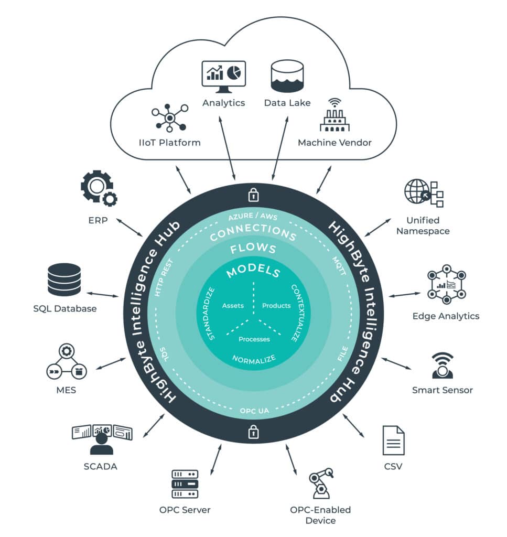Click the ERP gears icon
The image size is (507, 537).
tap(98, 188)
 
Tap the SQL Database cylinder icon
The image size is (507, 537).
tap(64, 280)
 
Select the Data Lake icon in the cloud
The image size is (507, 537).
tap(287, 77)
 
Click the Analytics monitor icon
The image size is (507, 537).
tap(224, 77)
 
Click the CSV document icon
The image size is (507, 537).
tap(393, 440)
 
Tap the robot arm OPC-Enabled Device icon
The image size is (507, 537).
tap(321, 483)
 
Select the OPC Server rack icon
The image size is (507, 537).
tap(185, 484)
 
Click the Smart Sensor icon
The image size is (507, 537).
tap(442, 366)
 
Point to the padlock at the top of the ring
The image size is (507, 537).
tap(253, 196)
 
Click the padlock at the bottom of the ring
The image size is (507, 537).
tap(253, 432)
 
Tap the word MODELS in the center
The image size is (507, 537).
tap(253, 272)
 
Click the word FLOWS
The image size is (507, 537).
tap(253, 249)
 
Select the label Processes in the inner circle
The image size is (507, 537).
tap(254, 339)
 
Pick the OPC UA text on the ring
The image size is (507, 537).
tap(254, 411)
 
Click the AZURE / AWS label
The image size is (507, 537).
tap(253, 217)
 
